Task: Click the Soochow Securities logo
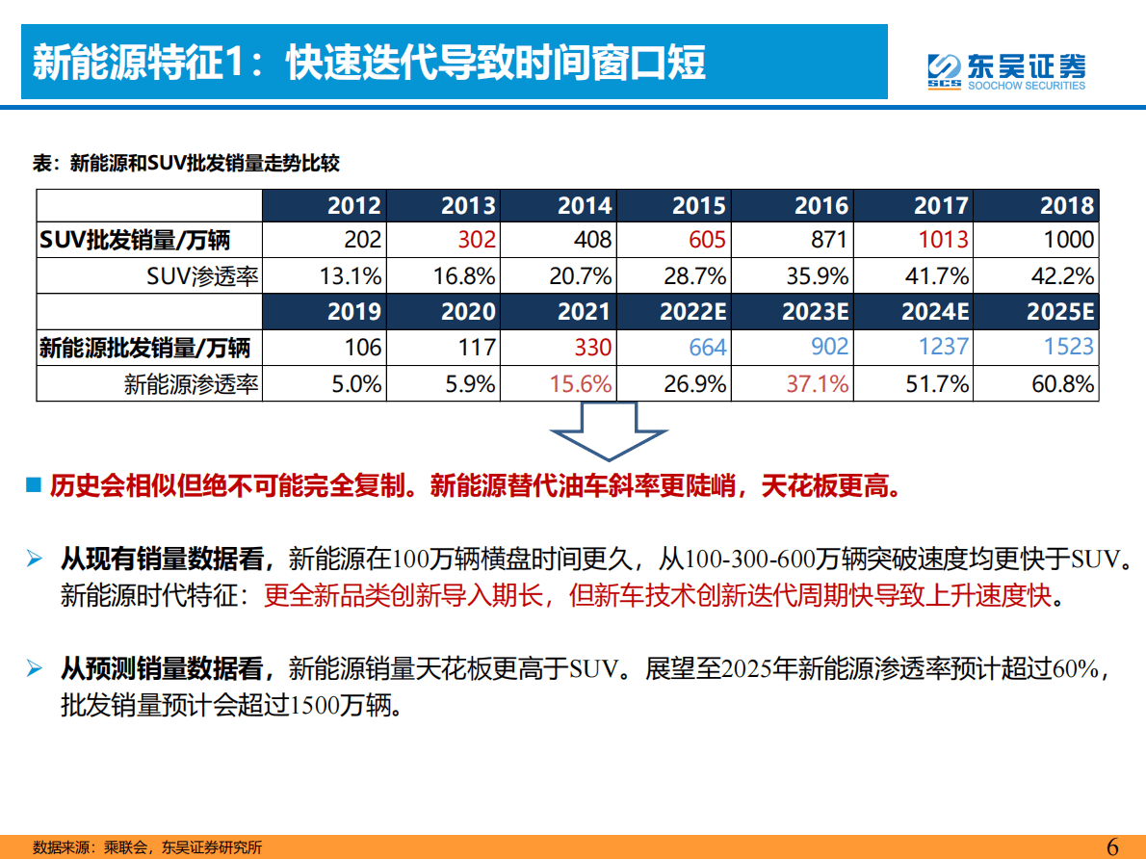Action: pos(1005,68)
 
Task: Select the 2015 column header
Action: pos(699,205)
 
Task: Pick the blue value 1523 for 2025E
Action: pos(1068,347)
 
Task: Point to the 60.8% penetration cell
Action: pos(1062,384)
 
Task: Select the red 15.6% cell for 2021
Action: pos(581,384)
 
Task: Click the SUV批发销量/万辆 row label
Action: pos(135,240)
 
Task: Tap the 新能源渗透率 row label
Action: pos(191,384)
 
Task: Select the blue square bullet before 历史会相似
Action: pos(33,484)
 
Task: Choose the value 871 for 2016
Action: pos(829,240)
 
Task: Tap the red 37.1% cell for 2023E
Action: pos(818,384)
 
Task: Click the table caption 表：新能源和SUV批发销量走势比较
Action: pos(186,164)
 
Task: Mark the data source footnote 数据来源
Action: pos(147,847)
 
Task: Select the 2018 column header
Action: pos(1067,205)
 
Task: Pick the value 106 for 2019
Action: pos(362,347)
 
